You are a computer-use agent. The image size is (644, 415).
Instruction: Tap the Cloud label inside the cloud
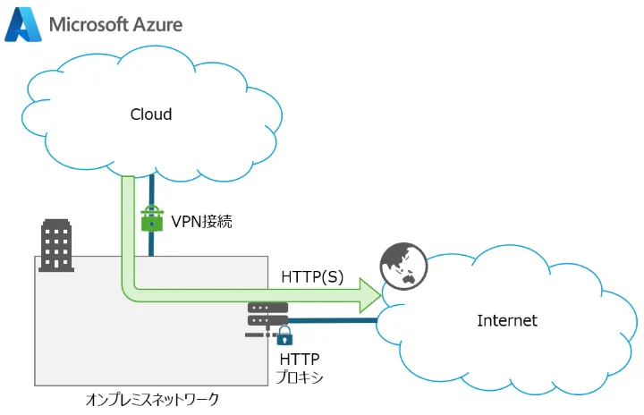[x=151, y=114]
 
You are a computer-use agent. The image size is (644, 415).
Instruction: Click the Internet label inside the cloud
[x=507, y=320]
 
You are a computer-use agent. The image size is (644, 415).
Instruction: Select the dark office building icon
[x=57, y=244]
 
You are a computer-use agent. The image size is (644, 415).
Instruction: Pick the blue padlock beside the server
[x=285, y=336]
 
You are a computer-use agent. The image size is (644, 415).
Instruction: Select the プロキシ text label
[x=300, y=377]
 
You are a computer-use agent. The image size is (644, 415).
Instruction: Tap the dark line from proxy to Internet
[x=331, y=319]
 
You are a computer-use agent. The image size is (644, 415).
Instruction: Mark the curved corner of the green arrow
[x=131, y=292]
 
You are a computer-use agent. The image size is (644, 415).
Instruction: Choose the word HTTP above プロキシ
[x=300, y=359]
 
